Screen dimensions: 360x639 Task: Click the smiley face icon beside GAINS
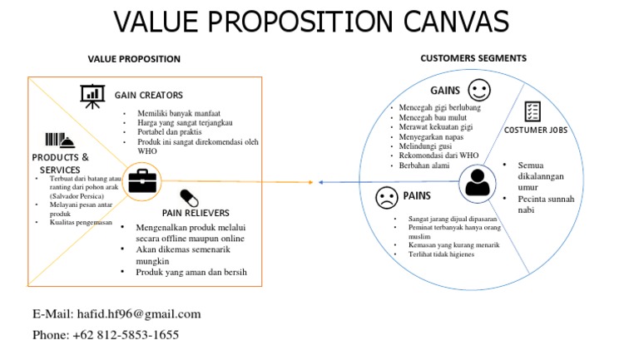click(x=478, y=89)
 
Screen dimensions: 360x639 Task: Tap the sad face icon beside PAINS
click(x=386, y=198)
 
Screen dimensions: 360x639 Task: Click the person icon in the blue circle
click(x=478, y=181)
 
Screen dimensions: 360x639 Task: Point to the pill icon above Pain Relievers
click(x=190, y=197)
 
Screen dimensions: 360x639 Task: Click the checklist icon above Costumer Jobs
click(x=532, y=112)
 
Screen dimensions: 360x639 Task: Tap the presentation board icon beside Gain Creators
click(x=92, y=96)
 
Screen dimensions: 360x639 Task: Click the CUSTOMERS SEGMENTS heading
click(x=473, y=58)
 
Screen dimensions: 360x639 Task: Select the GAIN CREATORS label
click(x=148, y=96)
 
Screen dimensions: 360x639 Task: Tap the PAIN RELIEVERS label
click(x=196, y=213)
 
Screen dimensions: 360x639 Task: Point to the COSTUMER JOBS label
click(x=535, y=131)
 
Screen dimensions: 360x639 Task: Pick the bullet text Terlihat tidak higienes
click(x=441, y=254)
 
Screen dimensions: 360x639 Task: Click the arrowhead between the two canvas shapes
click(x=316, y=181)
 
